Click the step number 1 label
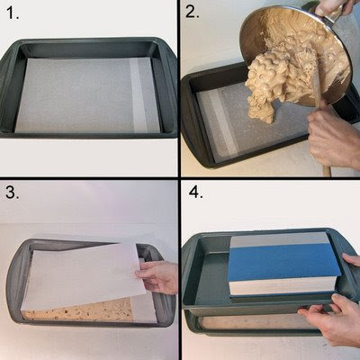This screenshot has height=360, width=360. (x=12, y=13)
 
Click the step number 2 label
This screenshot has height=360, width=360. (x=192, y=12)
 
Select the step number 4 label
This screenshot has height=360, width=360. (x=195, y=192)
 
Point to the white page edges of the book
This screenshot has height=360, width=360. (x=282, y=286)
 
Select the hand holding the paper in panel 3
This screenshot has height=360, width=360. (x=156, y=276)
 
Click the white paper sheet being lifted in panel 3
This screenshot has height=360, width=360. (x=84, y=276)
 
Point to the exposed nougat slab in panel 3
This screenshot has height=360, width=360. (x=78, y=313)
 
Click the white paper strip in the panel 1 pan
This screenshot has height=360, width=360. (x=139, y=95)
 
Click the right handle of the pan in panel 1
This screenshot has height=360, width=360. (x=170, y=90)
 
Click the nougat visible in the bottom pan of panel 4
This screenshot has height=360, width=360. (x=255, y=322)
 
